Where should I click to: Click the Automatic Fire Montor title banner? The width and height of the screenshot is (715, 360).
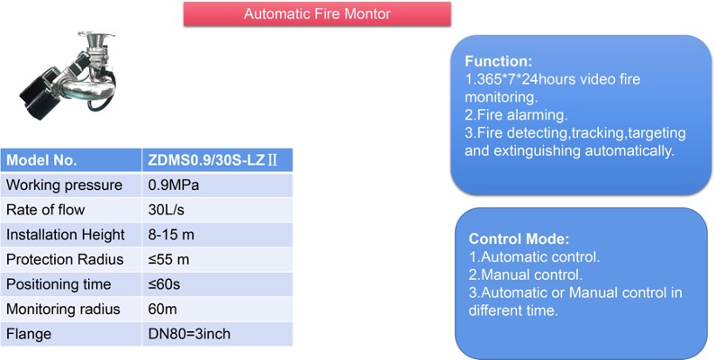click(x=317, y=13)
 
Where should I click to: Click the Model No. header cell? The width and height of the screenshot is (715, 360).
click(x=71, y=160)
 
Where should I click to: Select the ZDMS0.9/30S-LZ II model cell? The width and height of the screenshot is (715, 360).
click(x=217, y=160)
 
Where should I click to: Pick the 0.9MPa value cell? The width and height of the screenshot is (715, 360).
click(x=217, y=185)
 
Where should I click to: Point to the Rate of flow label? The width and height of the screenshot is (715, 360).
click(x=46, y=210)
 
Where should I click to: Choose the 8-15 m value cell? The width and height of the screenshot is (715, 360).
click(x=217, y=235)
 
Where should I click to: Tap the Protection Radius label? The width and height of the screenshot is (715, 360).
click(x=65, y=259)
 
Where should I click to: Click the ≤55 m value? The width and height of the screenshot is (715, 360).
click(x=168, y=259)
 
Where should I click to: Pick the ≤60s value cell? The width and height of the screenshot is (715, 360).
click(x=217, y=284)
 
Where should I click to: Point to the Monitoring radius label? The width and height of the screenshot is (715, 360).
click(x=63, y=309)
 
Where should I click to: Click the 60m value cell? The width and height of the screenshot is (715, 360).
click(x=217, y=309)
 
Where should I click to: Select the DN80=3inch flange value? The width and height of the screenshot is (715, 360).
click(x=189, y=334)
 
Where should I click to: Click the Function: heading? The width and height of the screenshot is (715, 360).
click(x=498, y=61)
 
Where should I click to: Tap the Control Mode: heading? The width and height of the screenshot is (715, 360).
click(x=519, y=238)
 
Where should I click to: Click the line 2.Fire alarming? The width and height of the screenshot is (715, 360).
click(x=516, y=115)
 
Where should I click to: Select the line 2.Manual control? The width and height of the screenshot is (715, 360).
click(x=526, y=274)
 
